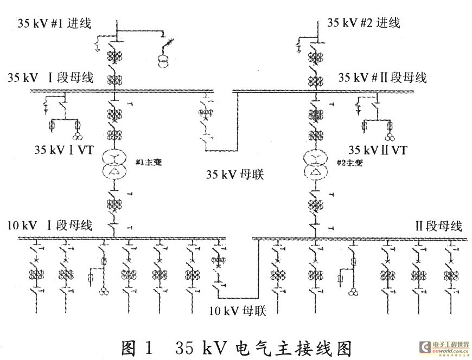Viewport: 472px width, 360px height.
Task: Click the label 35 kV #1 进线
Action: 55,23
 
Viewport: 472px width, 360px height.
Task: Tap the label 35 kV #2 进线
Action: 363,23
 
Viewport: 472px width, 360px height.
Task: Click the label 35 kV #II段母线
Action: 382,78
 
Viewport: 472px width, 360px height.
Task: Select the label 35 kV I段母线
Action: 50,78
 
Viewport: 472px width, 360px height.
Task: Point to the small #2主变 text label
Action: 348,162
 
